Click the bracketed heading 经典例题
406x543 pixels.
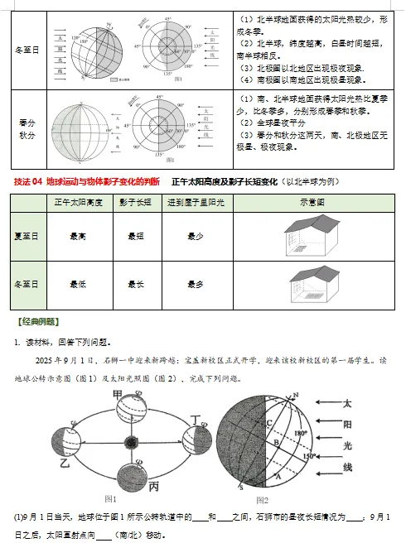(38, 321)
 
